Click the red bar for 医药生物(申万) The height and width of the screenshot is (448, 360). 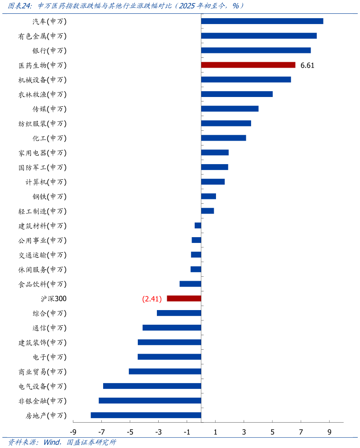[248, 65]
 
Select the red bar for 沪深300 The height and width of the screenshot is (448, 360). [184, 299]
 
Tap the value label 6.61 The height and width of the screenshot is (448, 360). [308, 65]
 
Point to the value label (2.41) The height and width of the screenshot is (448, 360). [152, 299]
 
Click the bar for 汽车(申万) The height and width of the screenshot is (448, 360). [262, 21]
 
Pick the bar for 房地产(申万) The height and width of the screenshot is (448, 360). [146, 415]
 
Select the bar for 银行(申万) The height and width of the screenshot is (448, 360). [256, 50]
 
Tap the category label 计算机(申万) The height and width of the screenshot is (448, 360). [46, 182]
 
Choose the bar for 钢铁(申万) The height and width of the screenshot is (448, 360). [208, 196]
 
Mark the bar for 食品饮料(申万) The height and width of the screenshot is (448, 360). [190, 284]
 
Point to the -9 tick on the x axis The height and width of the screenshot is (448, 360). [73, 432]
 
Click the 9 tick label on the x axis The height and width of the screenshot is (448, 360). [329, 432]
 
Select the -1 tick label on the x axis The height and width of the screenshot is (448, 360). [187, 432]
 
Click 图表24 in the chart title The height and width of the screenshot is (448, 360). [20, 6]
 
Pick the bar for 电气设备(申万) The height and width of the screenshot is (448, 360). [152, 386]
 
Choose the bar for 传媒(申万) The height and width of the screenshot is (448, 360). [230, 109]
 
